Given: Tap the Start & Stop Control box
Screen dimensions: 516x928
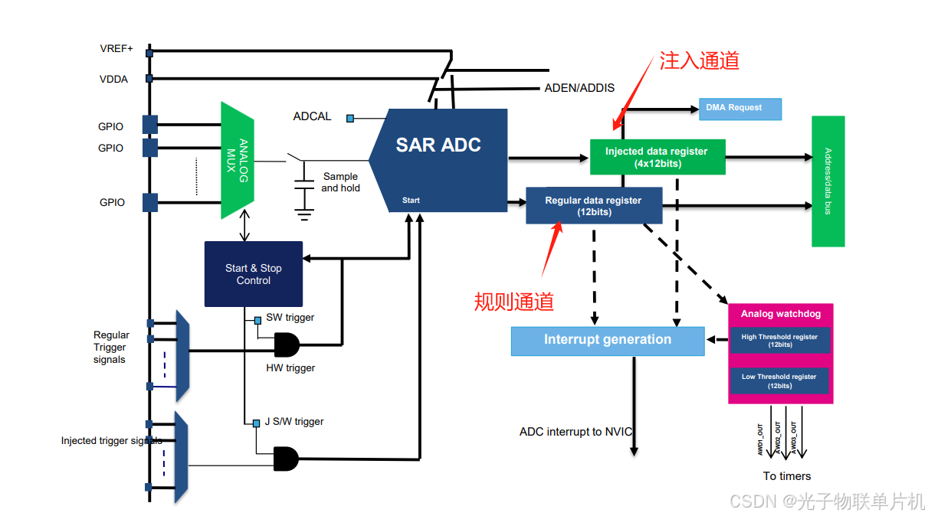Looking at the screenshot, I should (254, 274).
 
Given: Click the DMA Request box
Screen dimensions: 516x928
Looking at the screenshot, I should (739, 108).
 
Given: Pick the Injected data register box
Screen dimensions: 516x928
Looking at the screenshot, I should (657, 157).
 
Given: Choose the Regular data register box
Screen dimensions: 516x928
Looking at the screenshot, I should (594, 206).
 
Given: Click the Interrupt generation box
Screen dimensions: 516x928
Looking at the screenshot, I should (608, 341).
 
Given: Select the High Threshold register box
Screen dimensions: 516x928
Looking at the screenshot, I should (779, 341).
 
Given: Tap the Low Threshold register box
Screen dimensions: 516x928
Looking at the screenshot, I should (779, 381).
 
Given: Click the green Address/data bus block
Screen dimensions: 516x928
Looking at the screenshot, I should (828, 181).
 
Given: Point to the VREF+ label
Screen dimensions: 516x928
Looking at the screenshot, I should (116, 49).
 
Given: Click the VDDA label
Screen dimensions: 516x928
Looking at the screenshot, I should (113, 79).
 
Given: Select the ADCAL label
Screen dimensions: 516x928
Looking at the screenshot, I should (313, 116).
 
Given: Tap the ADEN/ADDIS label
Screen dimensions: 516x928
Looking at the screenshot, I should (579, 87).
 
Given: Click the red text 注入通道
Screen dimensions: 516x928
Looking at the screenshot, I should (699, 61).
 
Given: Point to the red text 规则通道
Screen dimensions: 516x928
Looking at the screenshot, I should (513, 302).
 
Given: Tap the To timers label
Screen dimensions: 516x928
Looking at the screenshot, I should (787, 476).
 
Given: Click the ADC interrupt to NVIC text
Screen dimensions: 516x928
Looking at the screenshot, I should (575, 432).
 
